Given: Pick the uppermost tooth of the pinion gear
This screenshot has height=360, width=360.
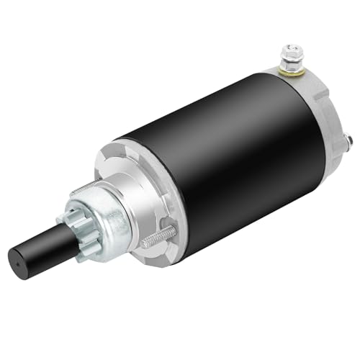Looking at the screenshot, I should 81,201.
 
